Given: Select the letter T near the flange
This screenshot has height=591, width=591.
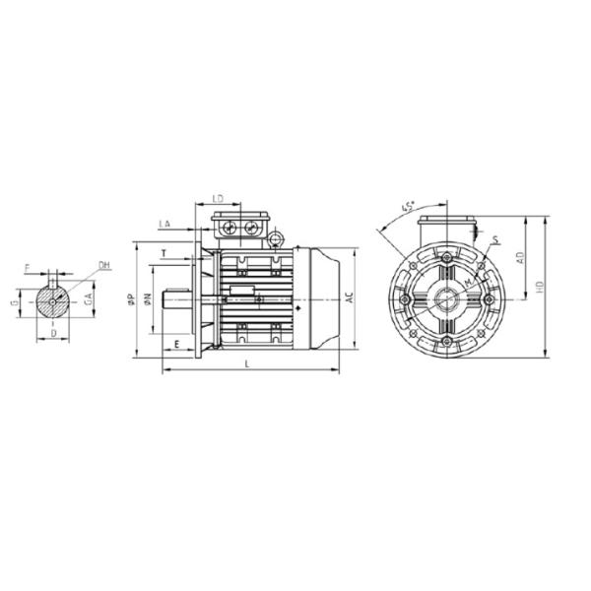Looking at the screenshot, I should click(x=164, y=254).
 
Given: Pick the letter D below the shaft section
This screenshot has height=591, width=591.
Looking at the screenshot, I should click(x=52, y=334).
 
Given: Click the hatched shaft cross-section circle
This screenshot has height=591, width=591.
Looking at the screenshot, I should click(x=55, y=301).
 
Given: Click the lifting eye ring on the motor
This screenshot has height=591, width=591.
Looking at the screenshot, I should click(x=277, y=237).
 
